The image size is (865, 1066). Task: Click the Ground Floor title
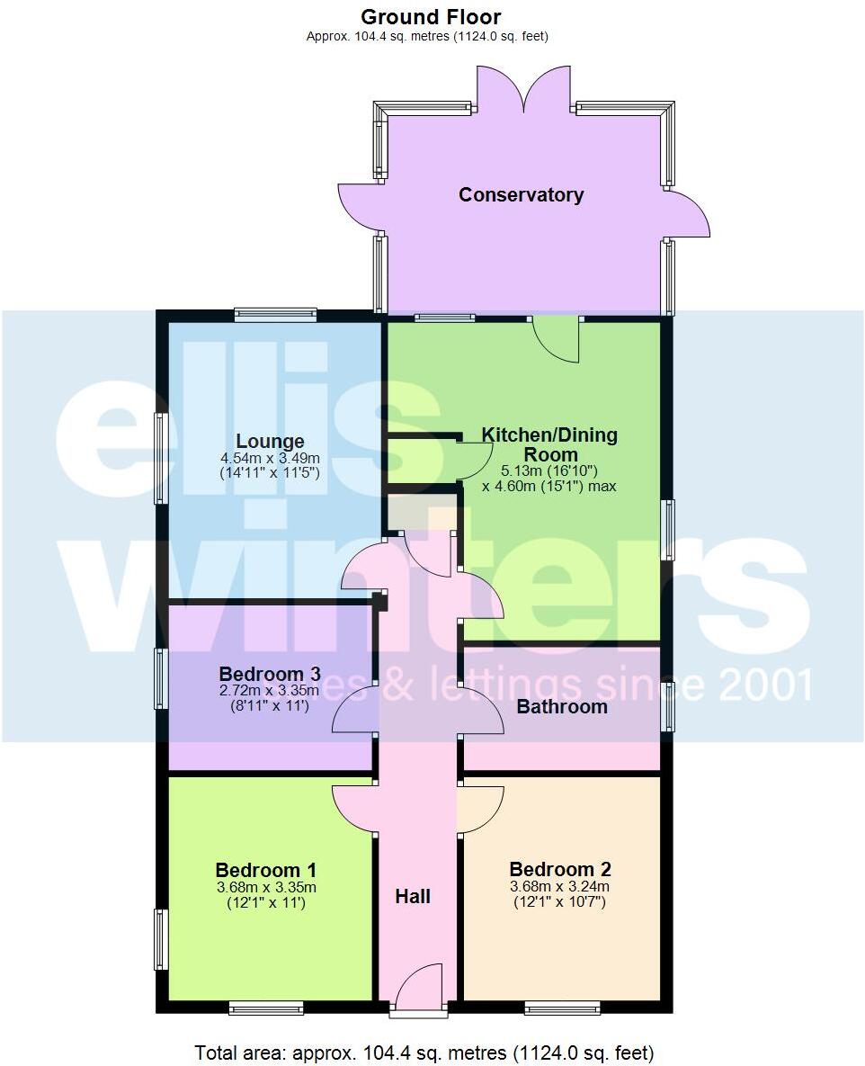tap(431, 16)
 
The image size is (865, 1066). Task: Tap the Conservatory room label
tap(521, 194)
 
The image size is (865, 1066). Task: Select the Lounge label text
tap(270, 441)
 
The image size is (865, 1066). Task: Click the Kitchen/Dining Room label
tap(549, 444)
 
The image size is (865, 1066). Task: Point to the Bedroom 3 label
tap(270, 674)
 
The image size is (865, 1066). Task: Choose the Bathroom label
tap(562, 706)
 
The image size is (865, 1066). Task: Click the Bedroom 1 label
tap(266, 870)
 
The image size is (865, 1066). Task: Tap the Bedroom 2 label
tap(560, 869)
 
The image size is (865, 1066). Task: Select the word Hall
tap(413, 896)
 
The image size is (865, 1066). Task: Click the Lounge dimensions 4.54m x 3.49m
tap(270, 458)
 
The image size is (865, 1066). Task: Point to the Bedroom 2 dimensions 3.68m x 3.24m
tap(560, 886)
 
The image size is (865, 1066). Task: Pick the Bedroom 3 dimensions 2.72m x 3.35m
tap(270, 691)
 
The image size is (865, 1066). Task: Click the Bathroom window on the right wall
tap(668, 706)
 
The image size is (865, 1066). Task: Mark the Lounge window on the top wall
tap(275, 314)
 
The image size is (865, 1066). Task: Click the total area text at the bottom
tap(424, 1052)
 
